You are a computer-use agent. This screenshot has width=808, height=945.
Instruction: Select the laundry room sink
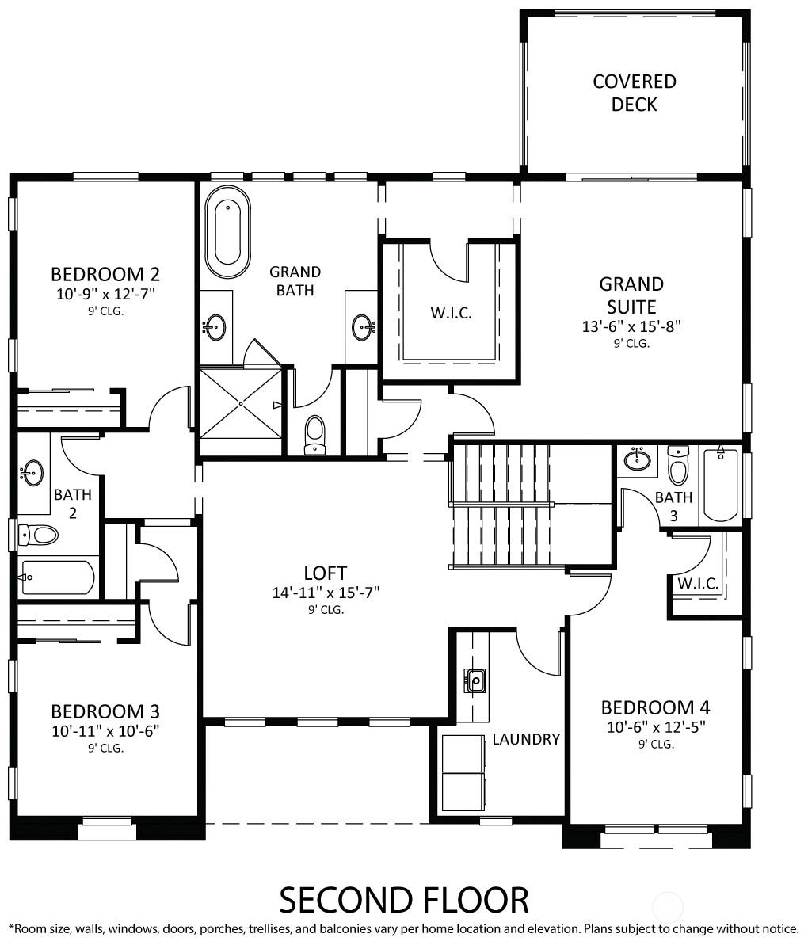(475, 680)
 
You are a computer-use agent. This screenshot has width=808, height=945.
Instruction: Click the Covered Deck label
(634, 93)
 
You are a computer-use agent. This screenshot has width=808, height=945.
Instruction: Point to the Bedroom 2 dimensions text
(105, 294)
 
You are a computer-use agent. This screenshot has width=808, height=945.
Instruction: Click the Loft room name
(326, 573)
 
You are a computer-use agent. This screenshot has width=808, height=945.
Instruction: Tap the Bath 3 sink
(637, 460)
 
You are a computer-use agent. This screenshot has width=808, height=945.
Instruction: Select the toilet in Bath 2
(37, 534)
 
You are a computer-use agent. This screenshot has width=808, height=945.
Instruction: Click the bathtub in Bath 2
(57, 577)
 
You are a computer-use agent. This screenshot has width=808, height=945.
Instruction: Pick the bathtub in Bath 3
(720, 483)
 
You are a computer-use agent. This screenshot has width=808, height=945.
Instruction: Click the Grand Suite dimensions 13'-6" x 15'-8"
(631, 326)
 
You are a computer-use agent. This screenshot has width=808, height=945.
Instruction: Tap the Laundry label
(526, 740)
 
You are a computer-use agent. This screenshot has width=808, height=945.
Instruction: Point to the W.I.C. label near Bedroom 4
(698, 583)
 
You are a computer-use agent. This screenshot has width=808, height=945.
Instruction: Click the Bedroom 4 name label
(656, 707)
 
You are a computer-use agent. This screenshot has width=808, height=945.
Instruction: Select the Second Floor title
(404, 901)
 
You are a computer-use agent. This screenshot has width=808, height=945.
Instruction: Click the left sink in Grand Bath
(214, 327)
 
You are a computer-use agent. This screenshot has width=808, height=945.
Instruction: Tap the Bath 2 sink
(32, 472)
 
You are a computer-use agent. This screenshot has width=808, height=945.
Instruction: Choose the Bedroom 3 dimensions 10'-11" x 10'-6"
(105, 731)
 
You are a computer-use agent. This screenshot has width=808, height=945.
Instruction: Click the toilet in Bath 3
(678, 465)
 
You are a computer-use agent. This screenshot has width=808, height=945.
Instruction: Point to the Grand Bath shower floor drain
(240, 402)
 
